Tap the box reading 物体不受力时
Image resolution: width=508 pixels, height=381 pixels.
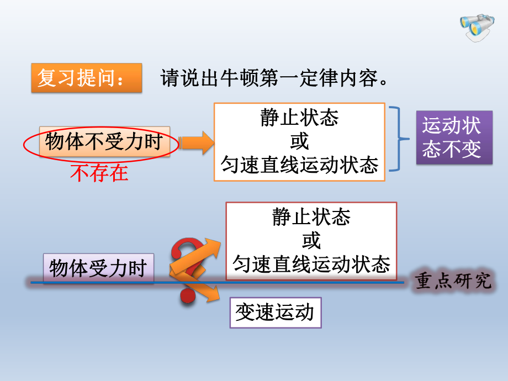coord(104,142)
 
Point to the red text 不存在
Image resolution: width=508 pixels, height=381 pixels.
coord(99,173)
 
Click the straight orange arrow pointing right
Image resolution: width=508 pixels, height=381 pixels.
coord(197,142)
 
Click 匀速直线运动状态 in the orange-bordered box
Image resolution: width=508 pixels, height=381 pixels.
coord(299,165)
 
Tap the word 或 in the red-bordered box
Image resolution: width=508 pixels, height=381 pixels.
coord(311,241)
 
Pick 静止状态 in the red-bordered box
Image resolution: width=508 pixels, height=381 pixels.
coord(311,218)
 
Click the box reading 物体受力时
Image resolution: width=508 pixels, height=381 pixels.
coord(98,269)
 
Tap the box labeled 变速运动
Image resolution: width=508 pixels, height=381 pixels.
coord(275,313)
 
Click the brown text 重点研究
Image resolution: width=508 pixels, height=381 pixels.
coord(453,281)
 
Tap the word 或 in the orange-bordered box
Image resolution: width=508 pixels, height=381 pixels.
coord(299,141)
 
